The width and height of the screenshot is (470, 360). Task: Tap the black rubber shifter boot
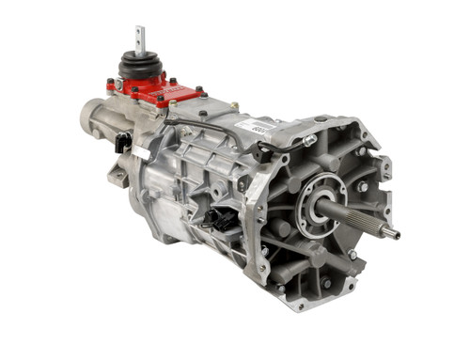click(x=140, y=67)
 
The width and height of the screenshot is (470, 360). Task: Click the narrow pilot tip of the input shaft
click(x=392, y=232)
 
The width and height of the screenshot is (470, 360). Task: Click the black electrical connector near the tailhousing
click(x=122, y=143)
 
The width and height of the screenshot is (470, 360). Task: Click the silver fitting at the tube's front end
click(x=309, y=140)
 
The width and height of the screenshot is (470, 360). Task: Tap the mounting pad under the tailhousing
click(x=117, y=175)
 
